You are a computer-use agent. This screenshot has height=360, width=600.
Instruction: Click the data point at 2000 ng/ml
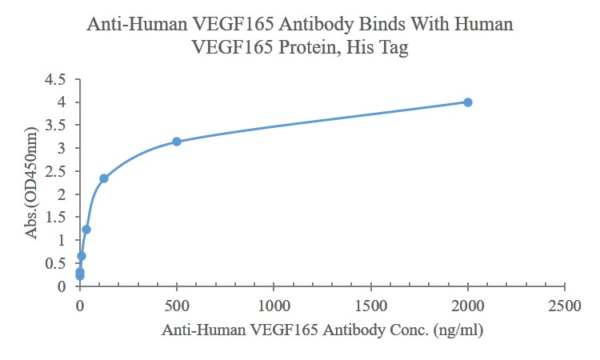click(468, 102)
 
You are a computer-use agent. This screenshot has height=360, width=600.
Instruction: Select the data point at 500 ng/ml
click(177, 142)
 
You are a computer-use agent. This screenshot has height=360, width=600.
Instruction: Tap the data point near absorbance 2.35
click(104, 178)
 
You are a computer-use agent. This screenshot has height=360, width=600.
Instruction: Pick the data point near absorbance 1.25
click(86, 230)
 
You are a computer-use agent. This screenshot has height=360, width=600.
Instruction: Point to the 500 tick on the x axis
click(177, 305)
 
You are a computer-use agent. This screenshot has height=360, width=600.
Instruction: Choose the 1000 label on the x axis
click(274, 305)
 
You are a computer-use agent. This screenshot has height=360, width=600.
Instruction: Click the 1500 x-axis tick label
click(371, 305)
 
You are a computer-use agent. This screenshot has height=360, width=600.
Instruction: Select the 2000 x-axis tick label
click(468, 305)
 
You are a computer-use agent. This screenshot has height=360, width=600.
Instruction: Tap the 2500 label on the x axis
click(565, 305)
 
